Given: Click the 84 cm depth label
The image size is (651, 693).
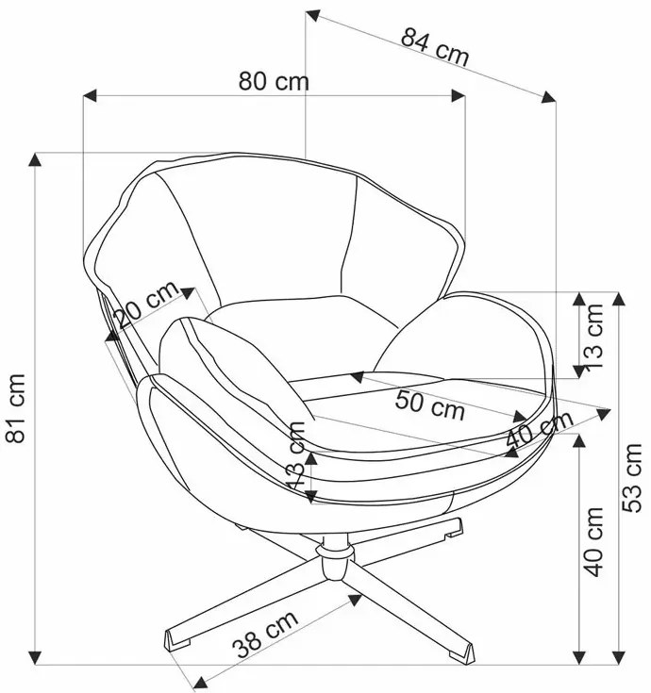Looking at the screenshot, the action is pos(434,46).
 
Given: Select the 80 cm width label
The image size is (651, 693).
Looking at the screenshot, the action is pos(274,81).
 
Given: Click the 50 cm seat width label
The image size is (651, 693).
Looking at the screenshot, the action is pos(429,405).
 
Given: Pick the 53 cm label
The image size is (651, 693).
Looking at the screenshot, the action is pos(631,478).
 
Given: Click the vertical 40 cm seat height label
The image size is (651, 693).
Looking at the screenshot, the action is pos(593,542).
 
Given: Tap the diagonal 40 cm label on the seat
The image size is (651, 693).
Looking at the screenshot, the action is pos(540,429).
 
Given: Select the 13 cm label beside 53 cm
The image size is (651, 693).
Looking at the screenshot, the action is pos(593,337).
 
